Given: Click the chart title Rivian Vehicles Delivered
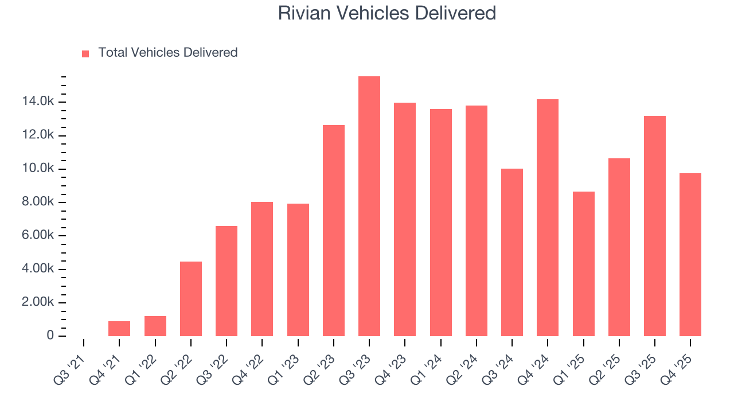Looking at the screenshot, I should [387, 13].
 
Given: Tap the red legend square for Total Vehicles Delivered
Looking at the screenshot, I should [85, 54].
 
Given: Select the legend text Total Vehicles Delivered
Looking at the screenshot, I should [167, 53].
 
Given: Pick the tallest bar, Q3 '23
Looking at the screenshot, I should [369, 206].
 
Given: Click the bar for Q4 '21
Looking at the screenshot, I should [119, 329].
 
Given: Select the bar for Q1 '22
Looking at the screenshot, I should [155, 326].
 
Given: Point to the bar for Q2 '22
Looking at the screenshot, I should [191, 299].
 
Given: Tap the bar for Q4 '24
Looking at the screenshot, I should [548, 218].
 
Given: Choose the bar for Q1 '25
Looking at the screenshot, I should [583, 264].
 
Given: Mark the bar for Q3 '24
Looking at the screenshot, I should [512, 252].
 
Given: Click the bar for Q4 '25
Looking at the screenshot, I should [690, 255].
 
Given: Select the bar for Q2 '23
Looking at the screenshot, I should [334, 231].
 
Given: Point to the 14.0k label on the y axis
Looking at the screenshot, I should [38, 102].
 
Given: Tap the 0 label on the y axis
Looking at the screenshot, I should [50, 336].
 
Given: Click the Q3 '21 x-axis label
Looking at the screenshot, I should [68, 364].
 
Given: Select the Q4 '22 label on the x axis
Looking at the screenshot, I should [247, 364].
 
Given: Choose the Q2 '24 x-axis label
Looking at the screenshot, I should [461, 364].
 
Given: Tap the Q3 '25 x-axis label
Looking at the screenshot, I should [639, 364].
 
